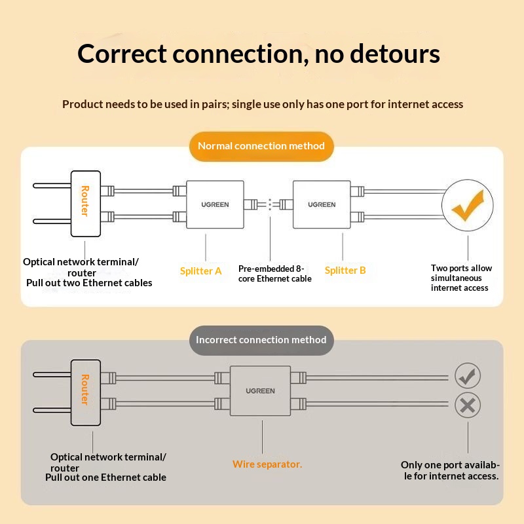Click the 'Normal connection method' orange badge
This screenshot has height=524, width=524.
(x=261, y=146)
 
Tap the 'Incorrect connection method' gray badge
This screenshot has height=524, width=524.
(x=261, y=340)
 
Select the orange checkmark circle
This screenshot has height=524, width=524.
(x=468, y=206)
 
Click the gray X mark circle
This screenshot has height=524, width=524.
(x=467, y=405)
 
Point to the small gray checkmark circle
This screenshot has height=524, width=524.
(x=467, y=376)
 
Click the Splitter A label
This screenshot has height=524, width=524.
(x=201, y=271)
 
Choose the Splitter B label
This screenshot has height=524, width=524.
(x=345, y=271)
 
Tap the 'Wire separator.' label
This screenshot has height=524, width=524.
(x=267, y=464)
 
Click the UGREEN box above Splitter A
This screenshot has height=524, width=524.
(x=215, y=204)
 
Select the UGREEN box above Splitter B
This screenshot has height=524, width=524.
(x=322, y=204)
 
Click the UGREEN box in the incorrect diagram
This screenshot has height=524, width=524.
(x=260, y=390)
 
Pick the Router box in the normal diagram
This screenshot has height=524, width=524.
(x=85, y=203)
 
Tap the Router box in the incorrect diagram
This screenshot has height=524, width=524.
(x=85, y=392)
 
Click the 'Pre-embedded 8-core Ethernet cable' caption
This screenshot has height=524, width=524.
(x=274, y=274)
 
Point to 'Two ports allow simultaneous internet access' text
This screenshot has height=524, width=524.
(x=461, y=278)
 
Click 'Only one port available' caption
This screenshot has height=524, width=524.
(x=450, y=470)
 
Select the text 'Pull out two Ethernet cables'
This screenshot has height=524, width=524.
(x=89, y=283)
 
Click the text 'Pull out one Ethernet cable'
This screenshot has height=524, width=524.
(x=105, y=477)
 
